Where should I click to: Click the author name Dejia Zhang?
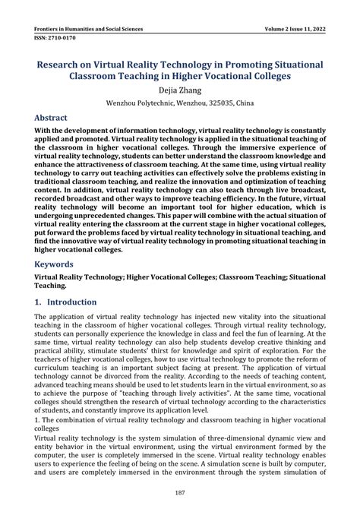[x=180, y=90]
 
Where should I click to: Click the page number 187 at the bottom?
[x=180, y=492]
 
